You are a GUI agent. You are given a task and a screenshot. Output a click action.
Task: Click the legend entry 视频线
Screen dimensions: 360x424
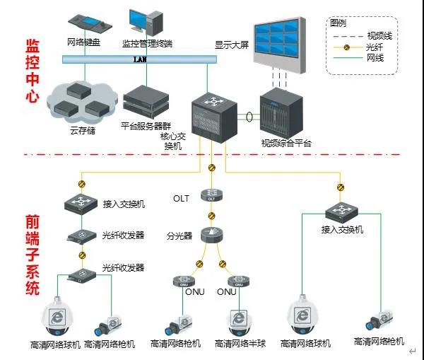379,36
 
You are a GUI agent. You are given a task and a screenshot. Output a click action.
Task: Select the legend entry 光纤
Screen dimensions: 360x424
375,47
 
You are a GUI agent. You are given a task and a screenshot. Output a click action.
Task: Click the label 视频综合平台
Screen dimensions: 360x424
286,144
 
